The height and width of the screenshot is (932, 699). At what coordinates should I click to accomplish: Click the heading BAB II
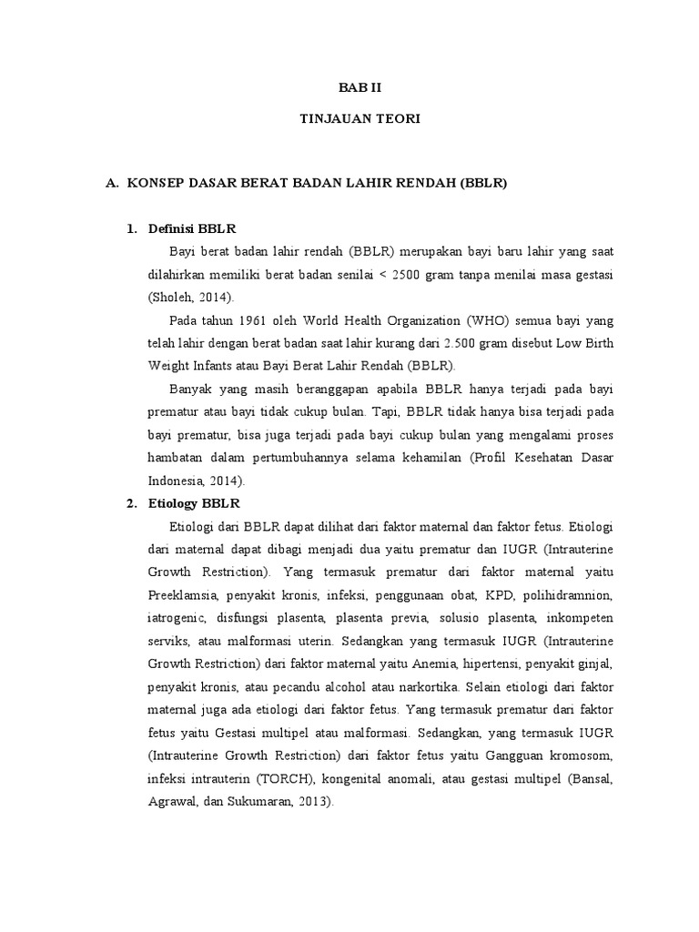tap(349, 88)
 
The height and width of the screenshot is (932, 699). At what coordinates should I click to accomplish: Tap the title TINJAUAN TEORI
tap(349, 119)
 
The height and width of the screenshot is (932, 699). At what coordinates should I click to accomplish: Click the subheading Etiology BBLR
tap(192, 502)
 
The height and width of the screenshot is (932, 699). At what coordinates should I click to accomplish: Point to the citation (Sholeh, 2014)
tap(190, 297)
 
